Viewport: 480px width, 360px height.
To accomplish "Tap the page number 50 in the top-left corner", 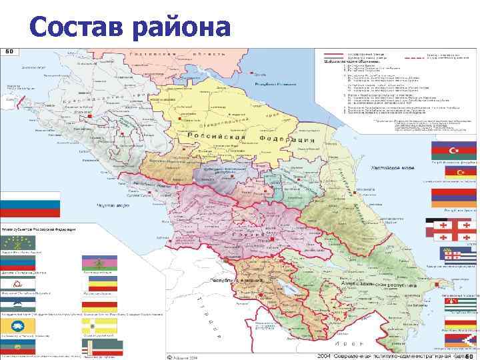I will (11, 51).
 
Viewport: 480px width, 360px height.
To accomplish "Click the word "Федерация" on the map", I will (287, 141).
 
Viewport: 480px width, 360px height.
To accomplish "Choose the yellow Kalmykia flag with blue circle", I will (18, 325).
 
